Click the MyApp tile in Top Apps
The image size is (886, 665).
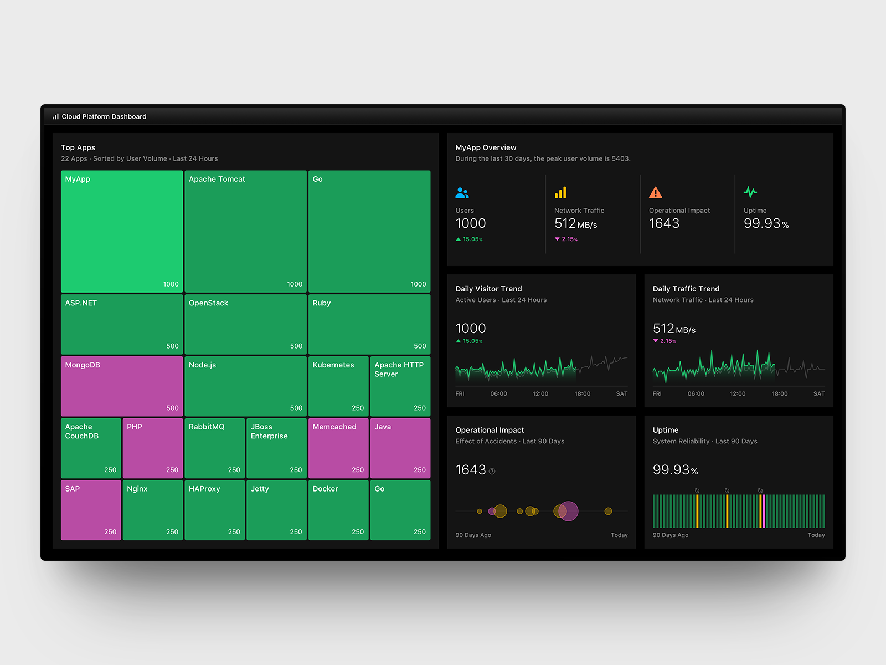(122, 231)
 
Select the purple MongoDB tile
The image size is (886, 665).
(122, 386)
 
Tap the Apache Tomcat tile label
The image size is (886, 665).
(217, 180)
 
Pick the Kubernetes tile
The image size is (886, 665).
(338, 386)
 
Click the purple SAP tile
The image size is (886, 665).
(91, 510)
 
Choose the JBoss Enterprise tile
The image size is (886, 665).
(276, 448)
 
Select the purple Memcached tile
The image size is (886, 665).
(338, 448)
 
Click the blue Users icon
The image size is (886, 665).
(462, 193)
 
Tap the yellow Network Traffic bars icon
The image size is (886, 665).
(560, 192)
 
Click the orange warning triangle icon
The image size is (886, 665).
(655, 193)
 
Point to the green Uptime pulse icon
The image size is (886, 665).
(750, 192)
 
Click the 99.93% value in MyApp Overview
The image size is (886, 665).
(765, 224)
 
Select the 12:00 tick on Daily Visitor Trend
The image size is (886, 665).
(540, 394)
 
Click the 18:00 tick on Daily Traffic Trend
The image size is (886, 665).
(779, 394)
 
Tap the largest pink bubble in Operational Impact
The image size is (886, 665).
(568, 511)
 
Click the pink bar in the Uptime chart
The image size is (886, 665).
(763, 511)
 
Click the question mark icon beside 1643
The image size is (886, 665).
(492, 472)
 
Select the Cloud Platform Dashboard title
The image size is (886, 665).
(104, 117)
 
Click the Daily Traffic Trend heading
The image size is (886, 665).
(686, 289)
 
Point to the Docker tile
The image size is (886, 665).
(338, 510)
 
